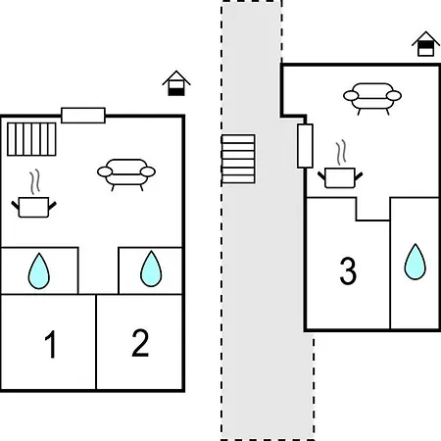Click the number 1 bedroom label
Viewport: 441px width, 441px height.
51,344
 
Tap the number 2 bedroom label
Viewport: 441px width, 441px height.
140,343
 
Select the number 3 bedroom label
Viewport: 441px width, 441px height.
348,270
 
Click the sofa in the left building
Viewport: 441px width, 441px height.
126,174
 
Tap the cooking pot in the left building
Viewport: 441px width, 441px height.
33,207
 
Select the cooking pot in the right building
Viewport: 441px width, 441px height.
340,177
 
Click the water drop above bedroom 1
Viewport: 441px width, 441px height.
39,270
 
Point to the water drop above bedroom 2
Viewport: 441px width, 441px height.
151,269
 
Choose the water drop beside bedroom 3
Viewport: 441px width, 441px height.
416,262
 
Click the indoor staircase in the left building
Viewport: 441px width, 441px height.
31,139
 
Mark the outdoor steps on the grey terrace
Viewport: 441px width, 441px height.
238,159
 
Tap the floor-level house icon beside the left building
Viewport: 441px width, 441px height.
176,83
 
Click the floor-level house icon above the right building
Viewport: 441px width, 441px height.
425,44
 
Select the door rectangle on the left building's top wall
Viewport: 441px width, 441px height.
83,116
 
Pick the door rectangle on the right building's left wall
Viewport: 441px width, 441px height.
305,146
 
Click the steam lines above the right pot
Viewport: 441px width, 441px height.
341,153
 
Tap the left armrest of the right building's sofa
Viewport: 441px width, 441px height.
351,96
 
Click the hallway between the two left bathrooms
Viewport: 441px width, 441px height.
98,270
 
